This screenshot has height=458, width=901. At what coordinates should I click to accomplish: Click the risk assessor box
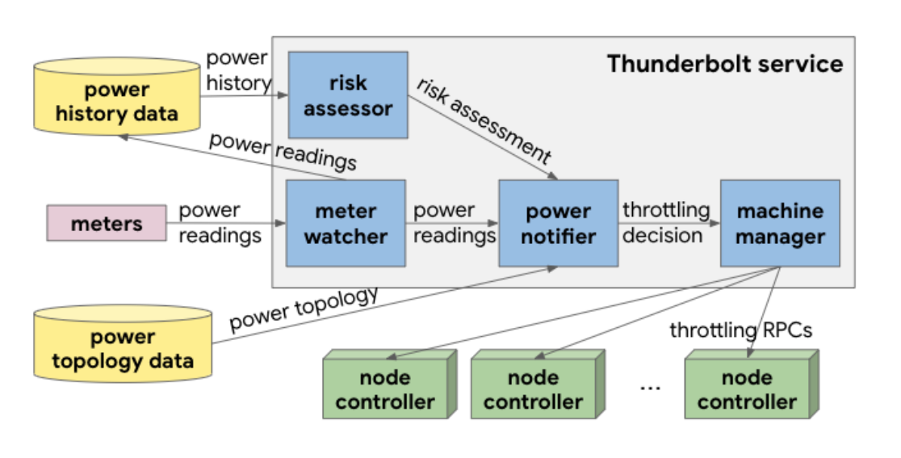coord(347,95)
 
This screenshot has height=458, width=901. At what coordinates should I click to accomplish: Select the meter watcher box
coord(346,224)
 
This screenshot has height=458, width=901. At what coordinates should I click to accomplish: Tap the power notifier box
coord(559,224)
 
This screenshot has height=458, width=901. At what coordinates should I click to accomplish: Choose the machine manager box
coord(780,224)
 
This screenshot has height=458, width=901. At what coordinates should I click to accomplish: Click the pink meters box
coord(107,224)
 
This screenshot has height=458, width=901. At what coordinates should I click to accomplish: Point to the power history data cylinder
coord(117,97)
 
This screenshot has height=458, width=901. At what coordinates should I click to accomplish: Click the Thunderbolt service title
coord(724,64)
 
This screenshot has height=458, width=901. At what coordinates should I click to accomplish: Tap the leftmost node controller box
coord(385,388)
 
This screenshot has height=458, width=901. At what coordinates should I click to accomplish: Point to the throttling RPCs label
coord(740,330)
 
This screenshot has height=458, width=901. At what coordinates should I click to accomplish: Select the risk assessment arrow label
coord(485,121)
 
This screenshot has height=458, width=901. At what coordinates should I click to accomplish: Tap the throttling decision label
coord(665,223)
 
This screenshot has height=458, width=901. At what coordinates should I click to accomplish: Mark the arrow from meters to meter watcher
coord(226,224)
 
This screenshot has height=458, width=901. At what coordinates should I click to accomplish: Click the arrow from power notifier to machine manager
coord(669,225)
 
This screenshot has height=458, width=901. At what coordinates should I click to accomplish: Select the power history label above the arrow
coord(238,70)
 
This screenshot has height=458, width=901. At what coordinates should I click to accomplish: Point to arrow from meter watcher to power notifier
coord(452,224)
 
